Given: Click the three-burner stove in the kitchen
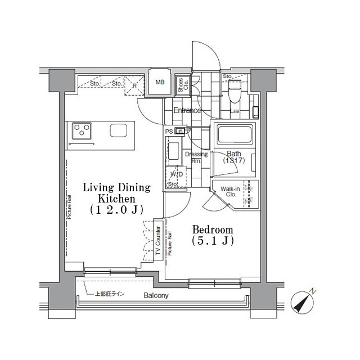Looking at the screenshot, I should coord(82,130).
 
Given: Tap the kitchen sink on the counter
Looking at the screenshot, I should coord(119,130).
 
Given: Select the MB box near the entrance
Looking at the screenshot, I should coord(160,83).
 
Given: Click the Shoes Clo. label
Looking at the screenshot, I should coord(182,84).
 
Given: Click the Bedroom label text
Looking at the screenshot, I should coord(213,230).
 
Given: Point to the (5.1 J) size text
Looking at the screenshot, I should coord(213,241).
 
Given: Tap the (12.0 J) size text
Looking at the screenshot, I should coord(116,209).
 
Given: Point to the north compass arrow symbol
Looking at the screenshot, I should coord(304,302).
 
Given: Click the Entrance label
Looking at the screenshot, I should coord(187,111).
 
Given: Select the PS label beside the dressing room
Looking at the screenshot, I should coord(169,131).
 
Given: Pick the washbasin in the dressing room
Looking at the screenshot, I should coord(174,152).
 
